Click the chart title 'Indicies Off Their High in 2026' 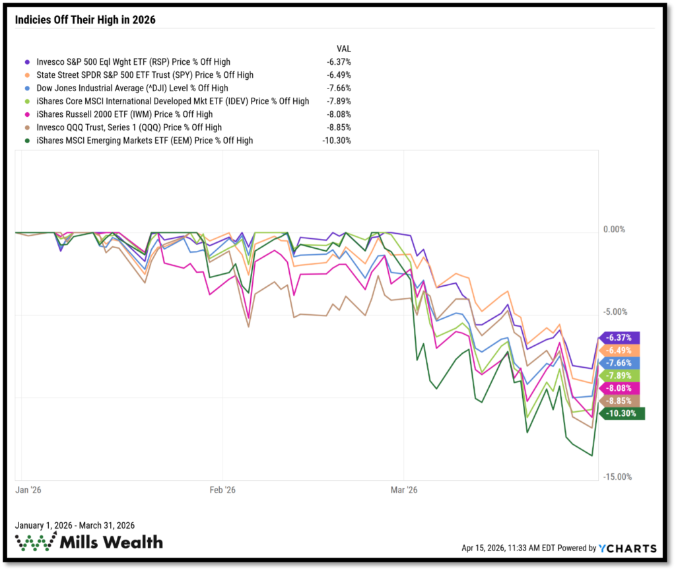point(85,20)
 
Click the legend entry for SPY point(145,75)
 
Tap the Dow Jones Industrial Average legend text point(132,88)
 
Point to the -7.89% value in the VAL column point(339,101)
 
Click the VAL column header point(344,49)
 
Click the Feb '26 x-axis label point(222,490)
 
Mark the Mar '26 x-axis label point(404,490)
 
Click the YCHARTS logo point(627,548)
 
